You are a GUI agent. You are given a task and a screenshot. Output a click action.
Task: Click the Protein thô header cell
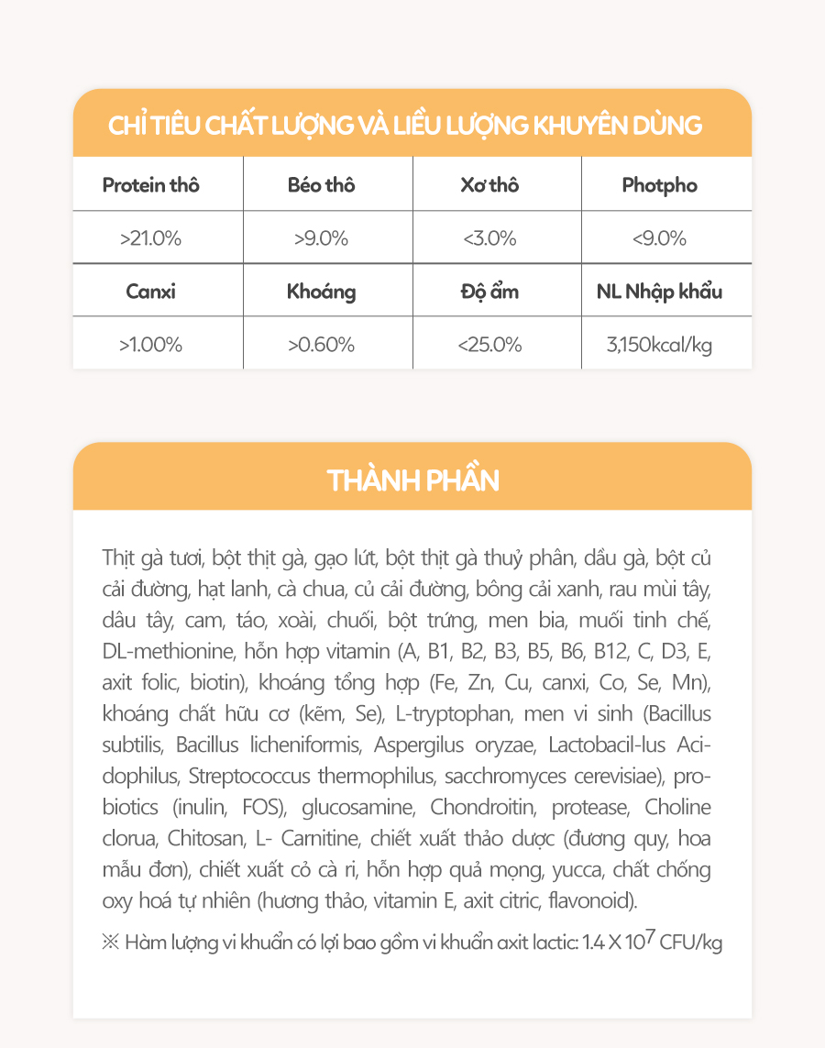click(150, 185)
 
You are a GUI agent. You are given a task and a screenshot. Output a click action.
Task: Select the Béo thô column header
click(321, 185)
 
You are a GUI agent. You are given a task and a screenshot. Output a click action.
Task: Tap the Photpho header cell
click(659, 185)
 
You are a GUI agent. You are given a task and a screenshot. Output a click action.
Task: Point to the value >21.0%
click(150, 238)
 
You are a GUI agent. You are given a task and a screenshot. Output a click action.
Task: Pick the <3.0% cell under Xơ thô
click(489, 238)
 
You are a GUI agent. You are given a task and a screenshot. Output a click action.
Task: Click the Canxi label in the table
click(150, 292)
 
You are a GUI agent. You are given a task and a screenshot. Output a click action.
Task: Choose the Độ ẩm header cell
click(489, 292)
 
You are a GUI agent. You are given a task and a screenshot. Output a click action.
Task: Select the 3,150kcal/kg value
click(659, 346)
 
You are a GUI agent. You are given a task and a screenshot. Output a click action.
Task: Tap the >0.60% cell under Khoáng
click(321, 346)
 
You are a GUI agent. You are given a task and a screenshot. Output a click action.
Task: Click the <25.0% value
click(489, 346)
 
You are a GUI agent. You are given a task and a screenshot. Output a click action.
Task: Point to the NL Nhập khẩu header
click(659, 292)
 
